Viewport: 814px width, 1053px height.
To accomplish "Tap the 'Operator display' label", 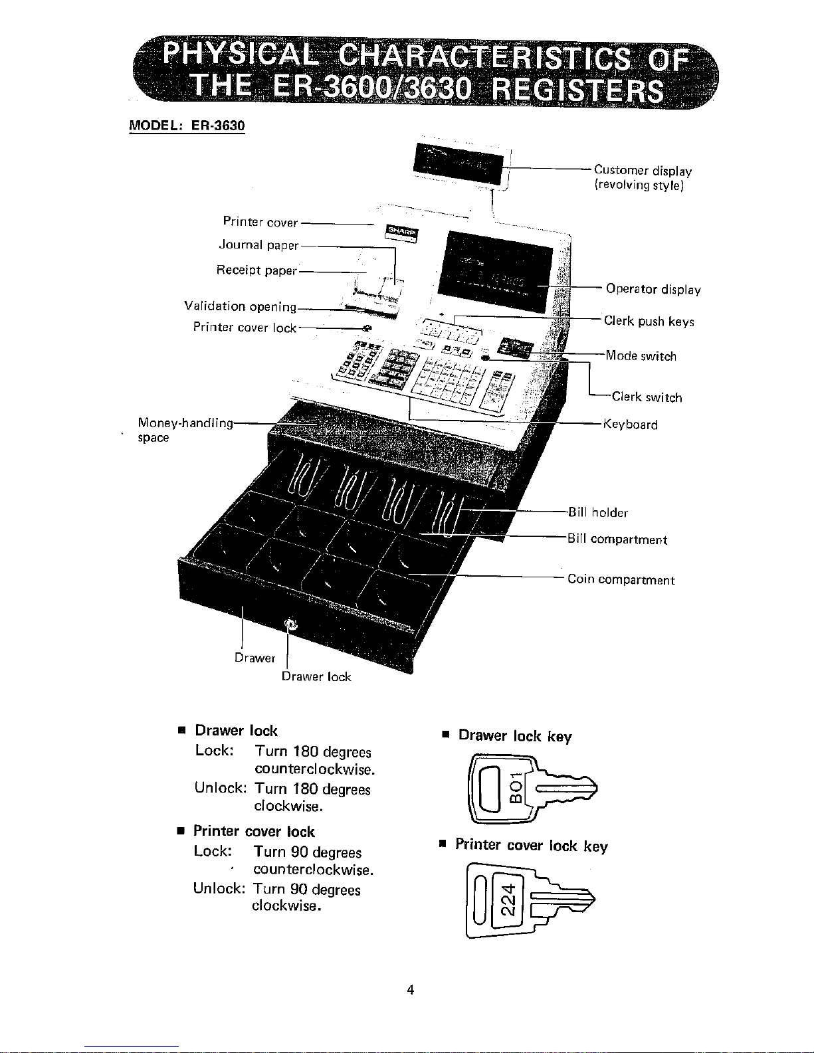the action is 653,289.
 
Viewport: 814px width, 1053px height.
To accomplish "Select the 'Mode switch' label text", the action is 641,355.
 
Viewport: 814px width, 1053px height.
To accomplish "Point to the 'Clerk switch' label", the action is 647,397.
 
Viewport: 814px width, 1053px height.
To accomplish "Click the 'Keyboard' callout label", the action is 630,425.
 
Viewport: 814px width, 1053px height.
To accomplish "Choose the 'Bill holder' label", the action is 598,512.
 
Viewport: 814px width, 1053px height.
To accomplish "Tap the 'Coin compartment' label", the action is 621,579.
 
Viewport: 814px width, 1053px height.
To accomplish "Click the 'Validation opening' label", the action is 241,306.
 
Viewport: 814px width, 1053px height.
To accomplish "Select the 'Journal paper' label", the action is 258,244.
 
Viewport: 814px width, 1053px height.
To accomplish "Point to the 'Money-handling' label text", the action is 185,423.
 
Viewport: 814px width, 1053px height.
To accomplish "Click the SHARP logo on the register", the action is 401,233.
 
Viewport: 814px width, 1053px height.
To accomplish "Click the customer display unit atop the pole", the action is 458,164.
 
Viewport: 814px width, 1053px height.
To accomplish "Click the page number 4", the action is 411,989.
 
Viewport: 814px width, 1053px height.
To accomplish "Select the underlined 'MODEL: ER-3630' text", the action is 187,126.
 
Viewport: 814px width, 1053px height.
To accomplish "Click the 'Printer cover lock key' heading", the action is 532,846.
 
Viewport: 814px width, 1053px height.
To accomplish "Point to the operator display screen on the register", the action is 495,271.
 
